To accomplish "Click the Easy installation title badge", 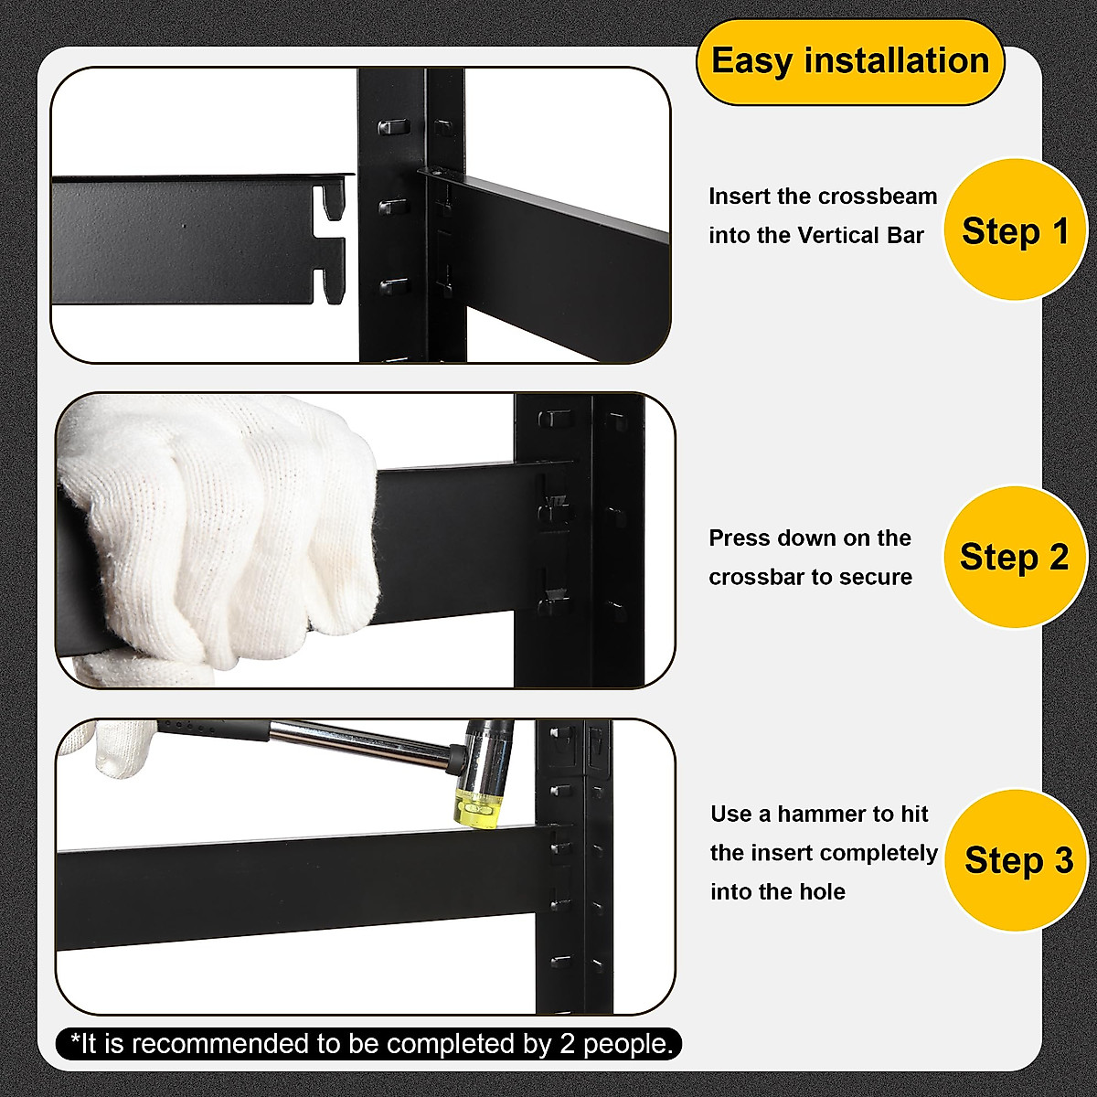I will click(849, 62).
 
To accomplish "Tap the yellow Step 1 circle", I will click(1015, 230).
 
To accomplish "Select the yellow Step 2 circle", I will click(1014, 557).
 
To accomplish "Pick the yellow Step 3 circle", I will click(1017, 860).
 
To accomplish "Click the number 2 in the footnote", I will click(568, 1043).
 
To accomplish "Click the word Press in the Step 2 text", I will click(739, 538).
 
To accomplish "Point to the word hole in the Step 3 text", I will click(824, 892).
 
